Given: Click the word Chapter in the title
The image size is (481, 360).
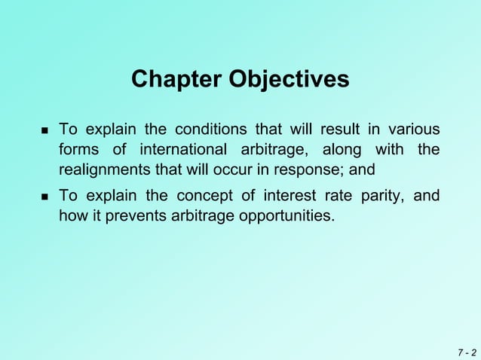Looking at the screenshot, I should (176, 79).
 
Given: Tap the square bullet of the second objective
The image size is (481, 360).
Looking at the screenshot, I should (43, 197).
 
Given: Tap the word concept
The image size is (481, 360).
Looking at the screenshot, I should (204, 196).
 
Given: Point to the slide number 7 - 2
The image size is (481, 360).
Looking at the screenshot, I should (465, 352).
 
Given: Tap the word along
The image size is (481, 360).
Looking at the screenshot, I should (344, 149).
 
